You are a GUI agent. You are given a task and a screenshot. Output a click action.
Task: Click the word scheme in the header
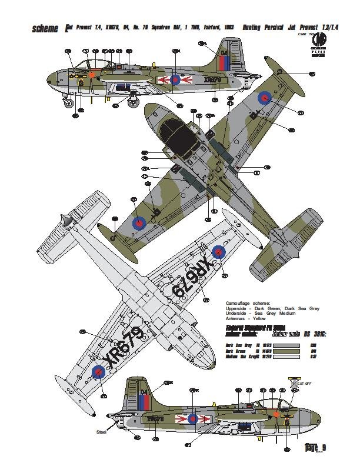tap(48, 27)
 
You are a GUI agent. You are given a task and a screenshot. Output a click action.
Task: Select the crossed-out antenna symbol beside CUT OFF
tap(294, 382)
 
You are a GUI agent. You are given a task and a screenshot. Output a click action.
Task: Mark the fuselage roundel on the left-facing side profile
tap(175, 79)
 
